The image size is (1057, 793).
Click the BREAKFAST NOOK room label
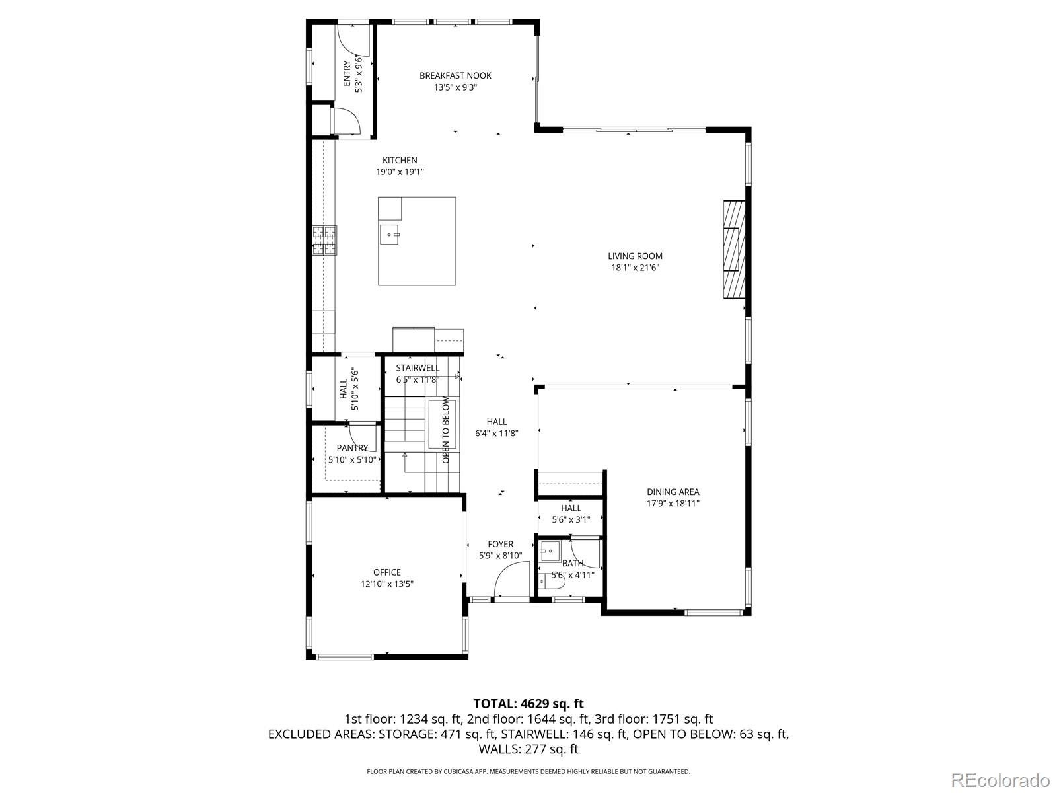tap(455, 75)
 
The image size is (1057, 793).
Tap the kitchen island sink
tap(390, 234)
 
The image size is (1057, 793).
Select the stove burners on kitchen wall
tap(324, 240)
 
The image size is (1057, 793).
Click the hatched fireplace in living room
tap(733, 250)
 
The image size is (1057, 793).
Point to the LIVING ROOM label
tap(635, 256)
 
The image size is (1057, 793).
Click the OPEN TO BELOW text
tap(446, 430)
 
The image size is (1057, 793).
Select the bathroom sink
tap(550, 550)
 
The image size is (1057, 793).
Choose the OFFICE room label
tap(386, 572)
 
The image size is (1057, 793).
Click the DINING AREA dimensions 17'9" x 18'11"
tap(673, 504)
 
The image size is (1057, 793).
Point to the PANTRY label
tap(352, 448)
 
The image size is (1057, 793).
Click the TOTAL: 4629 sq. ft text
tap(528, 704)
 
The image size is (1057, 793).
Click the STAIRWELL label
tap(418, 368)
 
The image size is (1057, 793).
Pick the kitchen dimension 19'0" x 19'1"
tap(400, 172)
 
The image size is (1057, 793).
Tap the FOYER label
tap(500, 544)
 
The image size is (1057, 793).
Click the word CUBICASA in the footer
tap(466, 771)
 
